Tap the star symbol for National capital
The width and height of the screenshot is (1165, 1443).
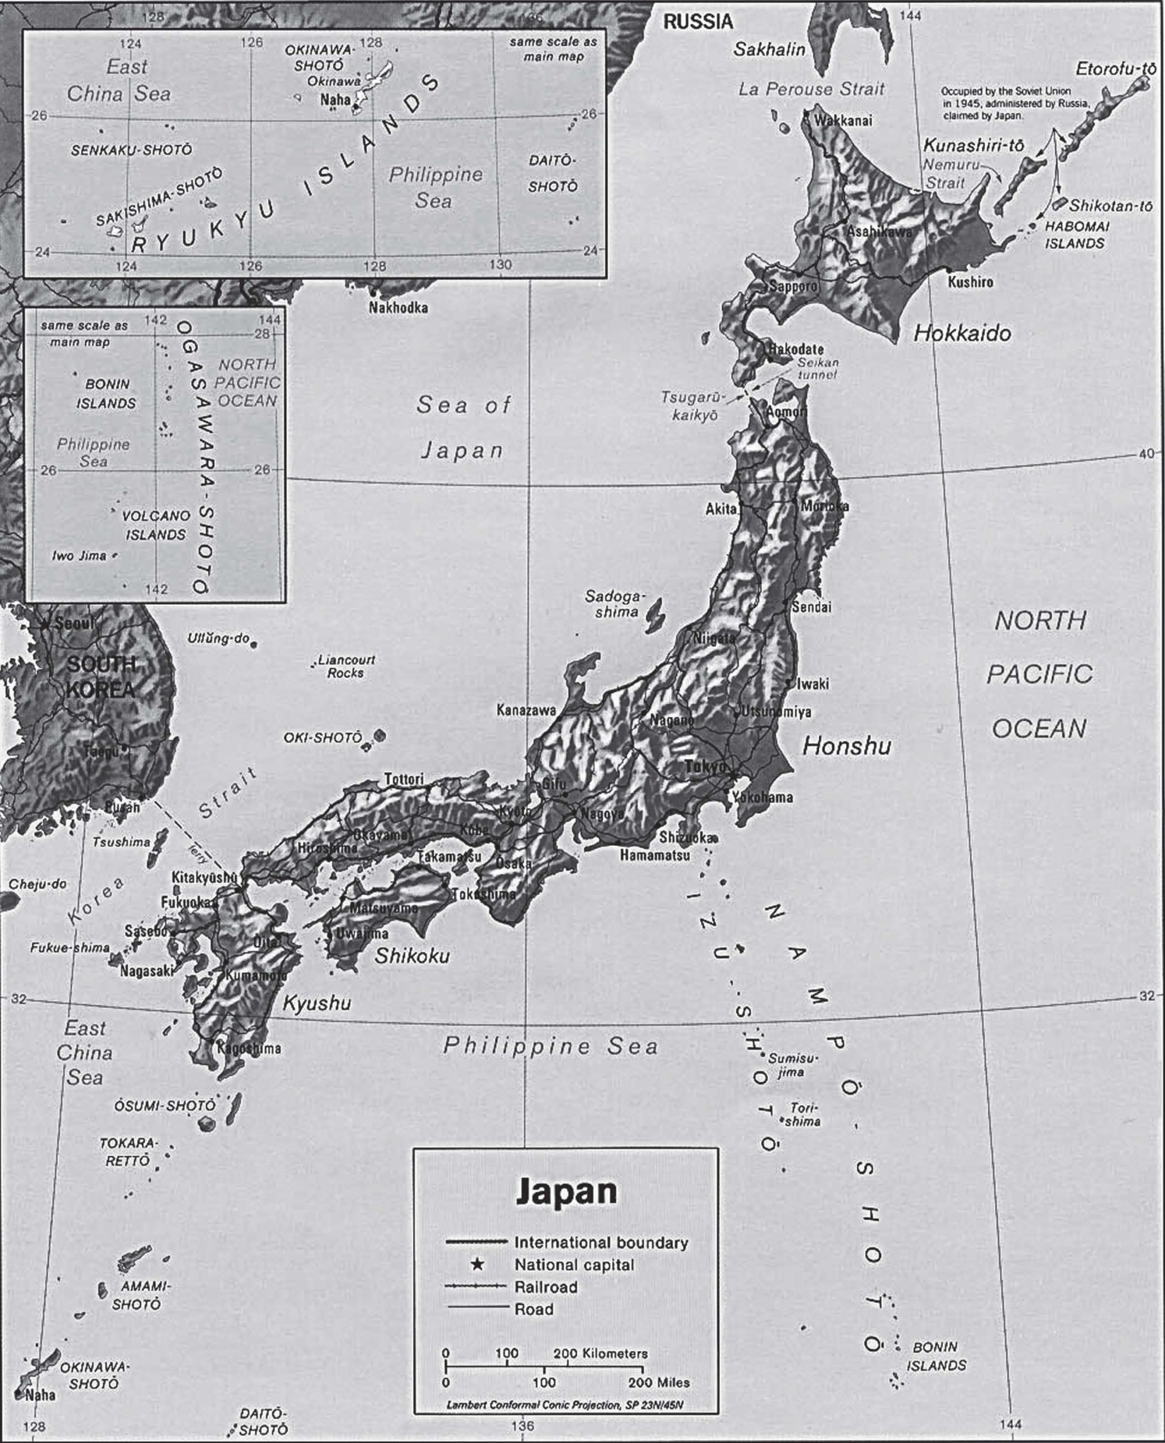click(477, 1264)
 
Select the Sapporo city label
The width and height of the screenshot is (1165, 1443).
click(793, 286)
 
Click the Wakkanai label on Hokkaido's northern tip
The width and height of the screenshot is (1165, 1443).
click(843, 121)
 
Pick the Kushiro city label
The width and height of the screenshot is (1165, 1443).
click(970, 282)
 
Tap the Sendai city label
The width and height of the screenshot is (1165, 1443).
click(811, 607)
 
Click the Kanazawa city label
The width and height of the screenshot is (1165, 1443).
click(526, 710)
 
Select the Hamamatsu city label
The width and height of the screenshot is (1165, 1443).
click(654, 855)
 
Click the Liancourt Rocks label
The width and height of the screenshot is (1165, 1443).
click(346, 666)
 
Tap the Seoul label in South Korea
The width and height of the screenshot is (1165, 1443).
click(74, 623)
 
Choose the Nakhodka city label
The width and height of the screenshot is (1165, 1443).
click(398, 308)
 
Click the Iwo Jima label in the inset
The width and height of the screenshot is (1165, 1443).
click(78, 555)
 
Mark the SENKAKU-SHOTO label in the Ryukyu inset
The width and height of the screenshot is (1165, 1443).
click(131, 151)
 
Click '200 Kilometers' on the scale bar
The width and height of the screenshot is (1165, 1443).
click(600, 1353)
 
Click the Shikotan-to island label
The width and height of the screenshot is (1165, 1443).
click(1111, 206)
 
